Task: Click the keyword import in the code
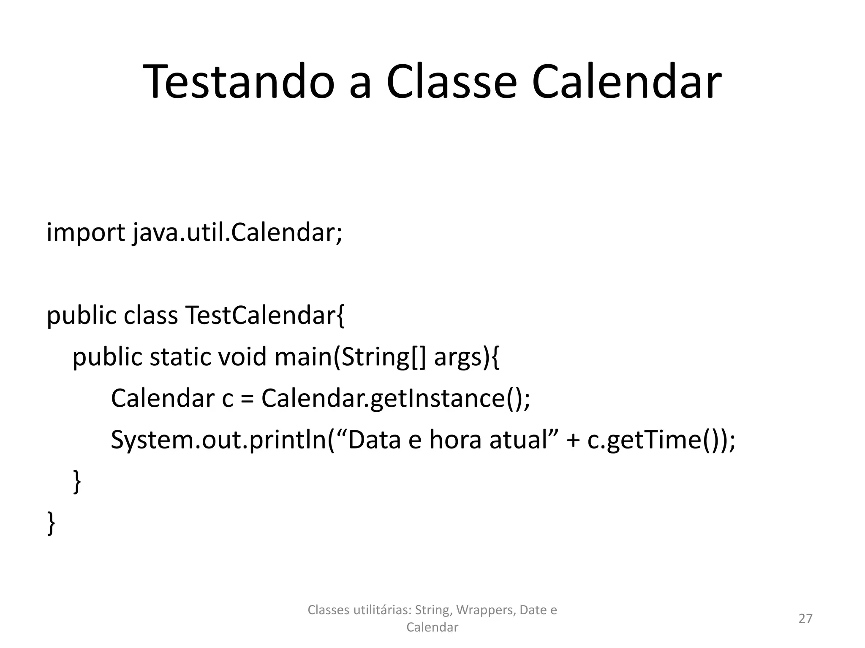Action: (x=85, y=232)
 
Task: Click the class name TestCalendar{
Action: (x=265, y=315)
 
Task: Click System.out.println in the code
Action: (x=219, y=440)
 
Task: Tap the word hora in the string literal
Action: (x=455, y=440)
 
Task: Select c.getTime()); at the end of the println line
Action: (x=661, y=440)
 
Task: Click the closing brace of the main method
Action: (x=77, y=481)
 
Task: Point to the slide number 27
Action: (x=805, y=618)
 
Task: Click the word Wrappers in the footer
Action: (x=486, y=610)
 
